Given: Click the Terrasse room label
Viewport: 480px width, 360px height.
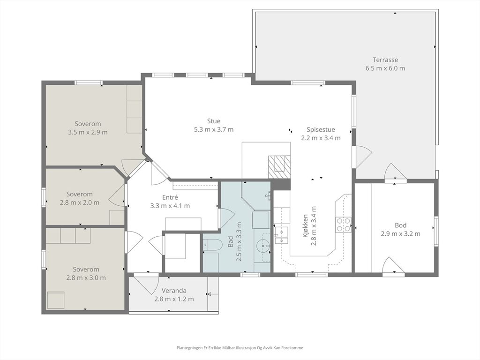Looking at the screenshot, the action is (385, 60).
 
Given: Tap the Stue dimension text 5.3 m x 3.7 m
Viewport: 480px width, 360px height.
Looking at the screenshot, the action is (214, 129).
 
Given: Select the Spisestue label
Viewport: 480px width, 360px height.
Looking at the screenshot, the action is (321, 129).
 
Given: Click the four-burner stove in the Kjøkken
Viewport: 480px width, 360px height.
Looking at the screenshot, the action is (344, 225).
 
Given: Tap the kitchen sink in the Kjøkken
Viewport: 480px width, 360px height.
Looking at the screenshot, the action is (281, 235).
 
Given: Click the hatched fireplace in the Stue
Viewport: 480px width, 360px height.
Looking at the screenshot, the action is (279, 167).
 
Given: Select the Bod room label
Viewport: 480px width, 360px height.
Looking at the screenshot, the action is (400, 225).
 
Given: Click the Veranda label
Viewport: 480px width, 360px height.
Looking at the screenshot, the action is (174, 291).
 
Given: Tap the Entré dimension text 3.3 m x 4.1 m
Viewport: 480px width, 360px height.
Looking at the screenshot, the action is (170, 206).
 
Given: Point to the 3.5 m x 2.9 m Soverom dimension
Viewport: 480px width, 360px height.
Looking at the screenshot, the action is (88, 132).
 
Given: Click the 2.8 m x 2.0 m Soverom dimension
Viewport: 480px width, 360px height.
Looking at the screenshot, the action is (80, 202).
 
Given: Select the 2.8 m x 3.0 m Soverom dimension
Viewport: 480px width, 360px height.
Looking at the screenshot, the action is (86, 278).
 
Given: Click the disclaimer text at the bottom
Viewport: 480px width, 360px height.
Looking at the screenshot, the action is (240, 348).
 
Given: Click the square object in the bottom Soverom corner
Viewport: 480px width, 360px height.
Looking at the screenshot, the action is (56, 300).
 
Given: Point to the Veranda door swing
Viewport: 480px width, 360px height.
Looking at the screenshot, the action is (146, 285).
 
